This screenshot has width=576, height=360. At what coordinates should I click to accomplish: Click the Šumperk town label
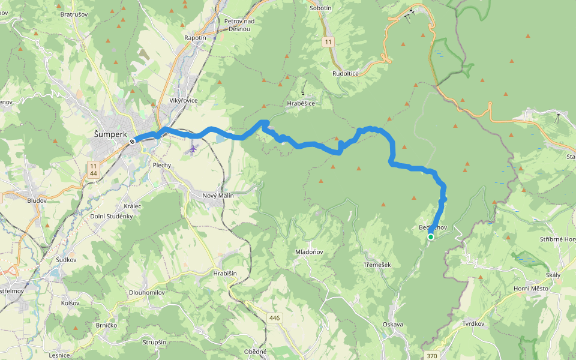tap(110, 134)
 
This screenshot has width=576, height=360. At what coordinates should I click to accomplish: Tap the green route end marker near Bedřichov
tap(431, 237)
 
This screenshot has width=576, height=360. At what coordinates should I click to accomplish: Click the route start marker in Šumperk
tap(132, 142)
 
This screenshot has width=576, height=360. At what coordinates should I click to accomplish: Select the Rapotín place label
tap(195, 37)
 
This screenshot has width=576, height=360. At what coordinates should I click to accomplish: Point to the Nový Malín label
tap(218, 196)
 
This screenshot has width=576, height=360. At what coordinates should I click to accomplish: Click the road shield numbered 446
tap(274, 318)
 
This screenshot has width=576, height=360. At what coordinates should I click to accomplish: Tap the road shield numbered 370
tap(432, 356)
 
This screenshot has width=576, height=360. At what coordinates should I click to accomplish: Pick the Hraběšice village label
tap(301, 103)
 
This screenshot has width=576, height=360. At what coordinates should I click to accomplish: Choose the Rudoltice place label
tap(345, 73)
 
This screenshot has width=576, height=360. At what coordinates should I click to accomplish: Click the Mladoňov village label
tap(310, 252)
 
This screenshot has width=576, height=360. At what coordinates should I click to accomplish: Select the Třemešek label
tap(377, 265)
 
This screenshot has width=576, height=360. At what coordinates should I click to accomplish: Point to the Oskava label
tap(392, 325)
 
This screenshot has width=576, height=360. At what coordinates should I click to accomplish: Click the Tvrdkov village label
tap(473, 323)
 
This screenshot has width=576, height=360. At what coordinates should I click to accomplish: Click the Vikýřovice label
tap(184, 100)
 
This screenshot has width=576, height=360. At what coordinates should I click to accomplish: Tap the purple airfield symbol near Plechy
tap(192, 148)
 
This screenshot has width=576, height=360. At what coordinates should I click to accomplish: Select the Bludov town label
tap(37, 200)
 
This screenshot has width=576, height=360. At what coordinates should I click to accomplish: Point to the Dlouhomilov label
tap(147, 293)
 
